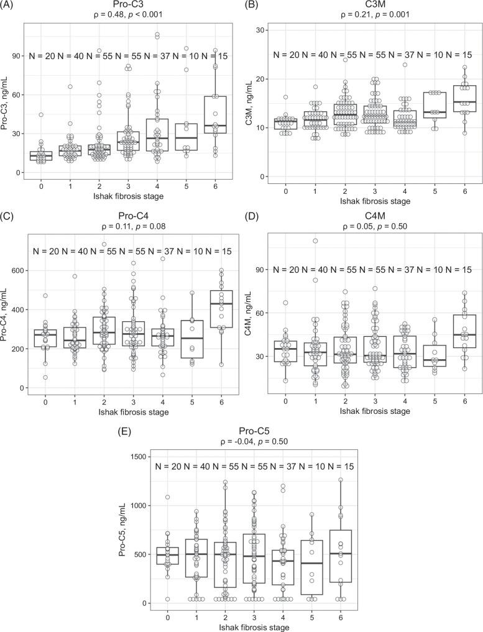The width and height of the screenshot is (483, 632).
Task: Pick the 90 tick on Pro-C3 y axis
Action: [x=16, y=55]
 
